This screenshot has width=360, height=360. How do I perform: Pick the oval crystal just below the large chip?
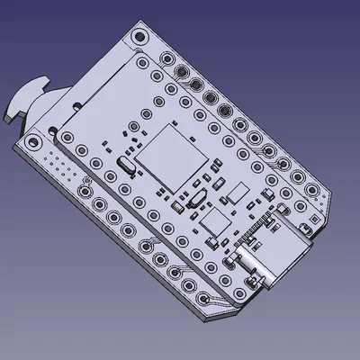(x=193, y=201)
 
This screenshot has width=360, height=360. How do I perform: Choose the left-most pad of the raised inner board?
(x=67, y=137)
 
